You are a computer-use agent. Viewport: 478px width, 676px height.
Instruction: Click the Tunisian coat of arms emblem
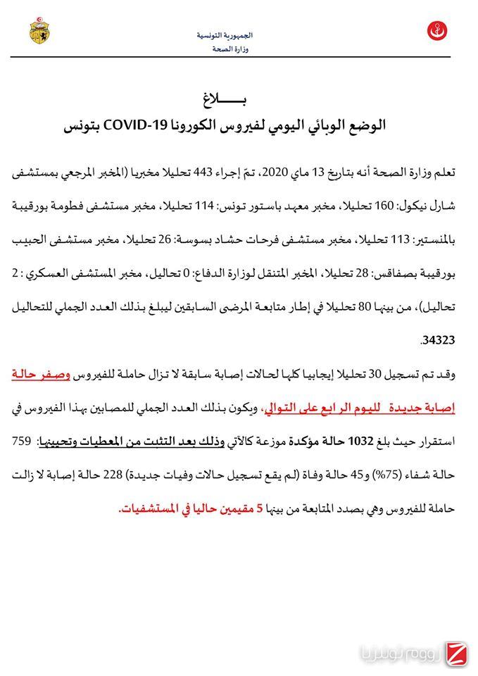(x=39, y=32)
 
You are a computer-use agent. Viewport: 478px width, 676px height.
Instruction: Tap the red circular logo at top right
(x=437, y=32)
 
